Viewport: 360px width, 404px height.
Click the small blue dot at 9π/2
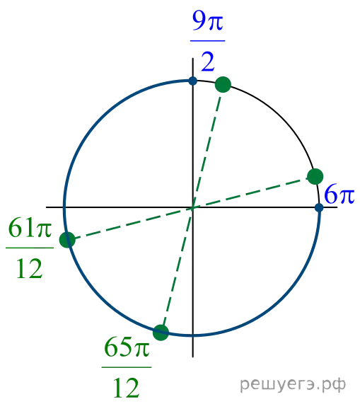tap(192, 81)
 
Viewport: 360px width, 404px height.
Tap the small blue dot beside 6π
tap(319, 207)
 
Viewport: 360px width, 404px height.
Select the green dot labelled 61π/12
tap(67, 240)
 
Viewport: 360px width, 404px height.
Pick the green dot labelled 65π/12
tap(161, 333)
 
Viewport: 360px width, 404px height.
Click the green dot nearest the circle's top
tap(223, 84)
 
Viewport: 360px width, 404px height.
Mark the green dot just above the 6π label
tap(315, 176)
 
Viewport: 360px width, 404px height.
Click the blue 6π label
tap(339, 194)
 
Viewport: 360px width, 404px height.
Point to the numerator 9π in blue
tap(207, 21)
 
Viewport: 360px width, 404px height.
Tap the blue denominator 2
tap(207, 62)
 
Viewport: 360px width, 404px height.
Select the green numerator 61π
tap(30, 228)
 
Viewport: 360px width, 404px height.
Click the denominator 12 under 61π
tap(30, 269)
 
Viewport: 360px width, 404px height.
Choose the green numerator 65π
tap(127, 347)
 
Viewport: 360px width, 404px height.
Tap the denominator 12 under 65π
tap(127, 388)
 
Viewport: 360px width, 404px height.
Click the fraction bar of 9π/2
tap(207, 41)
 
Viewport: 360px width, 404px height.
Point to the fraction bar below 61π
tap(30, 248)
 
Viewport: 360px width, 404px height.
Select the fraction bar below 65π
tap(127, 367)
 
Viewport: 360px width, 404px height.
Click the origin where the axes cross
tap(192, 207)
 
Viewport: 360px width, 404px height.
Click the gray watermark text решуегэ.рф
tap(293, 384)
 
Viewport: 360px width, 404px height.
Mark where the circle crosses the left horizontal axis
tap(64, 207)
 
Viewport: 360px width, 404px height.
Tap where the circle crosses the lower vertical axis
tap(192, 335)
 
